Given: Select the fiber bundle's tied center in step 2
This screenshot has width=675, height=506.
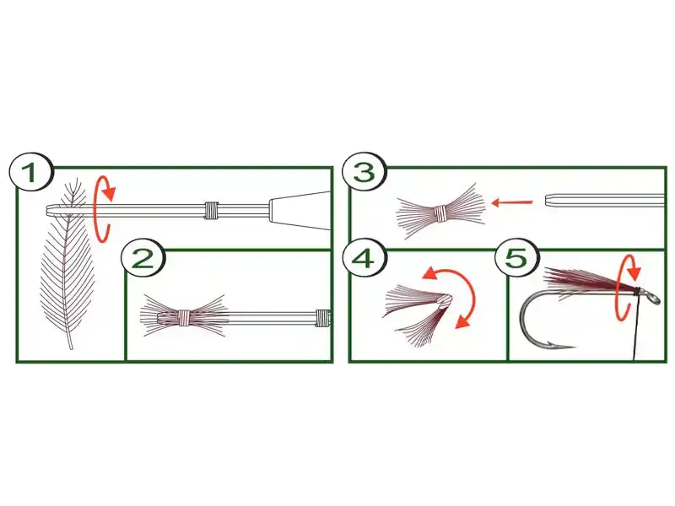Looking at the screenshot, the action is (x=184, y=317).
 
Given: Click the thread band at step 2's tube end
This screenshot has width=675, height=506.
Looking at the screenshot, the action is (x=322, y=317).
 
